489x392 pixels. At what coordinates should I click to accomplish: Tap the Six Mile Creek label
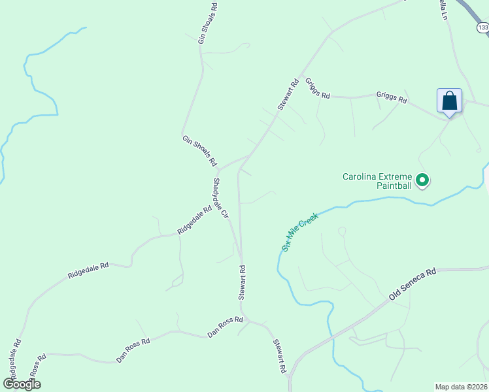coord(299,232)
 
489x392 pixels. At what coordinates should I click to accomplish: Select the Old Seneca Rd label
coord(412,284)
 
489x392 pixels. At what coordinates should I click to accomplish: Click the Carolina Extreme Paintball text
coord(378,181)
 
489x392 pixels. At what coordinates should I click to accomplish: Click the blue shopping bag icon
coord(449,101)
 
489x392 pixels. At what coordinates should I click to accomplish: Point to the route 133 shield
coord(482,27)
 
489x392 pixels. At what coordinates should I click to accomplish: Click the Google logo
coord(22,384)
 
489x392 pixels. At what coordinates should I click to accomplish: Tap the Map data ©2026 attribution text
coord(461,387)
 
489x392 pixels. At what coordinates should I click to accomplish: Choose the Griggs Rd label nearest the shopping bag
coord(392,98)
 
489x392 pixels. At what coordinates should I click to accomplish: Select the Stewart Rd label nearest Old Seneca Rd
coord(280,355)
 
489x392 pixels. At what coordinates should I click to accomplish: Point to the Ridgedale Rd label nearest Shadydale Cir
coord(194,221)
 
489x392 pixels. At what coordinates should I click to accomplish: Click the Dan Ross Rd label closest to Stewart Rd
coord(225,327)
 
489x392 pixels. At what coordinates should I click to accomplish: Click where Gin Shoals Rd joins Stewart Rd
coord(249,155)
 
